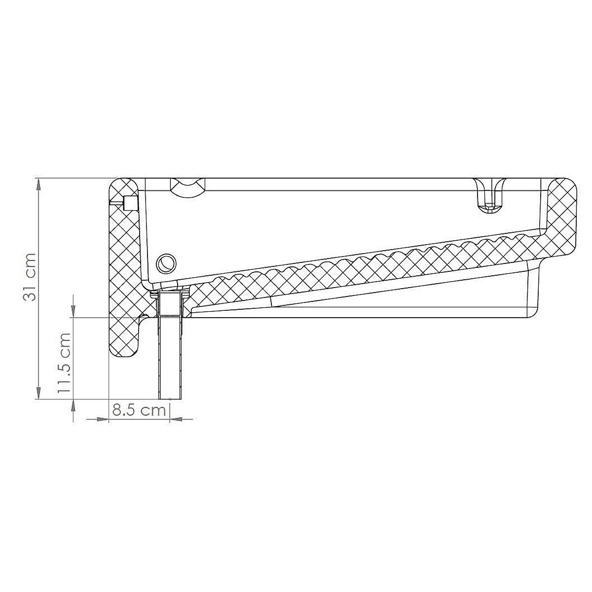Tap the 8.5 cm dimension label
pos(139,410)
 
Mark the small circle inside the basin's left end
pos(165,263)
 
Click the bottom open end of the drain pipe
pos(170,397)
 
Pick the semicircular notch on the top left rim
pos(188,187)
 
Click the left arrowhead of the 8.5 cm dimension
pos(102,419)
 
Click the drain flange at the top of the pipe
pos(170,295)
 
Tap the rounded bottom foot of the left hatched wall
pos(123,348)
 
